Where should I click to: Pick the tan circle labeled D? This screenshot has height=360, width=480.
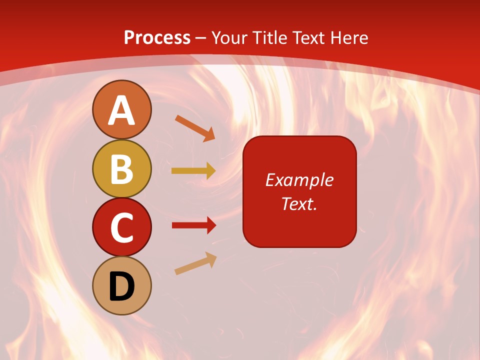[x=121, y=285]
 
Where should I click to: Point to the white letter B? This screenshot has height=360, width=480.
[x=121, y=169]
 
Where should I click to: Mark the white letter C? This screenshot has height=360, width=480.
[x=121, y=227]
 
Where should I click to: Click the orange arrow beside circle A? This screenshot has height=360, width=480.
[x=195, y=128]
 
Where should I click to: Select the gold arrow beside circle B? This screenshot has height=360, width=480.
[x=193, y=171]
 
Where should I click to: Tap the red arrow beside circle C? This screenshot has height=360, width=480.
[x=193, y=225]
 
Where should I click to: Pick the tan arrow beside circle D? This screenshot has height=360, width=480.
[x=195, y=263]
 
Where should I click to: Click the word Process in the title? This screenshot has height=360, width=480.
[x=157, y=37]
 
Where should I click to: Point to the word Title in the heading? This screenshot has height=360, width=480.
[x=269, y=37]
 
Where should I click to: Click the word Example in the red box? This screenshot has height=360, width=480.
[x=299, y=180]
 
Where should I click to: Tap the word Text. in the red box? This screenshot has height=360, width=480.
[x=299, y=203]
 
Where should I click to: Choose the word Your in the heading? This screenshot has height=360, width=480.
[x=229, y=37]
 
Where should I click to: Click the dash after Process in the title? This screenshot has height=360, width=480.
[x=201, y=38]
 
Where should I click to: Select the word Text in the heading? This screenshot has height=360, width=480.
[x=308, y=37]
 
